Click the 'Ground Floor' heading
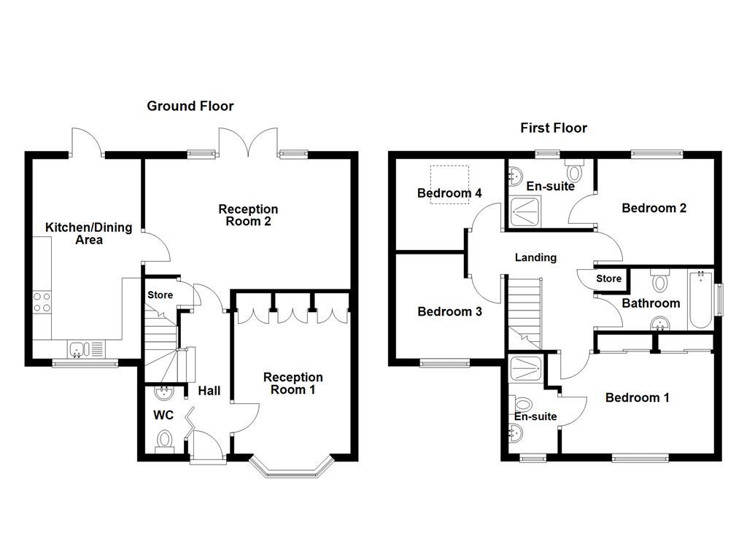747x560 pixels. [190, 106]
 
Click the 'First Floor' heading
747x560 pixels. [553, 128]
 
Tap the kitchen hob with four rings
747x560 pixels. [42, 302]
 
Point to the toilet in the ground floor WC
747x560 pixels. [165, 440]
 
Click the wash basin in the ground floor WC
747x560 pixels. [163, 393]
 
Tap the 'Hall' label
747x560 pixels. [209, 392]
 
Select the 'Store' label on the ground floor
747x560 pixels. [160, 295]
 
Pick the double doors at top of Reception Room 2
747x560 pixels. [249, 141]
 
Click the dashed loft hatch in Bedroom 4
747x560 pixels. [449, 184]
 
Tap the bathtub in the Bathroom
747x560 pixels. [700, 300]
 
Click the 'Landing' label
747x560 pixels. [535, 257]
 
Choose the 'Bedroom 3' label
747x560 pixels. [449, 312]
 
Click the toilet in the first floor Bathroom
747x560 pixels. [661, 281]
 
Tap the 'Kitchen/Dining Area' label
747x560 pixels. [88, 233]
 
